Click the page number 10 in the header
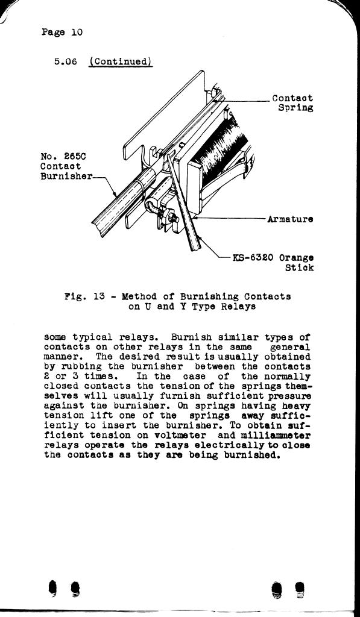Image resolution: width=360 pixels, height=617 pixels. pos(77,32)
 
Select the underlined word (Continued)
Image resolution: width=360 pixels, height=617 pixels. pos(121,62)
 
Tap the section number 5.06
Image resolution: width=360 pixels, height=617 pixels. pos(65,62)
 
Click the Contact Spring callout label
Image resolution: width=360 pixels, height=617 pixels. pos(292,102)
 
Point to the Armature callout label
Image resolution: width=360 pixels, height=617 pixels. pos(290,219)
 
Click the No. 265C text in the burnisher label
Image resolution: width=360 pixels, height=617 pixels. pos(63,157)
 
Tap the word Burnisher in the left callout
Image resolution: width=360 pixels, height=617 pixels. pos(66,176)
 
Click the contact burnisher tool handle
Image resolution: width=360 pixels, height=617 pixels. pos(124,202)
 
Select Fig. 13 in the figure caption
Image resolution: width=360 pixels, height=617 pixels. pos(84,296)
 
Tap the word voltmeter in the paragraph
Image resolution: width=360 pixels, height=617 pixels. pos(182,436)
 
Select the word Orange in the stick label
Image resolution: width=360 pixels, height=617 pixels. pos(296,258)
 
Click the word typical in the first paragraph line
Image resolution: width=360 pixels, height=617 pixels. pos(89,337)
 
